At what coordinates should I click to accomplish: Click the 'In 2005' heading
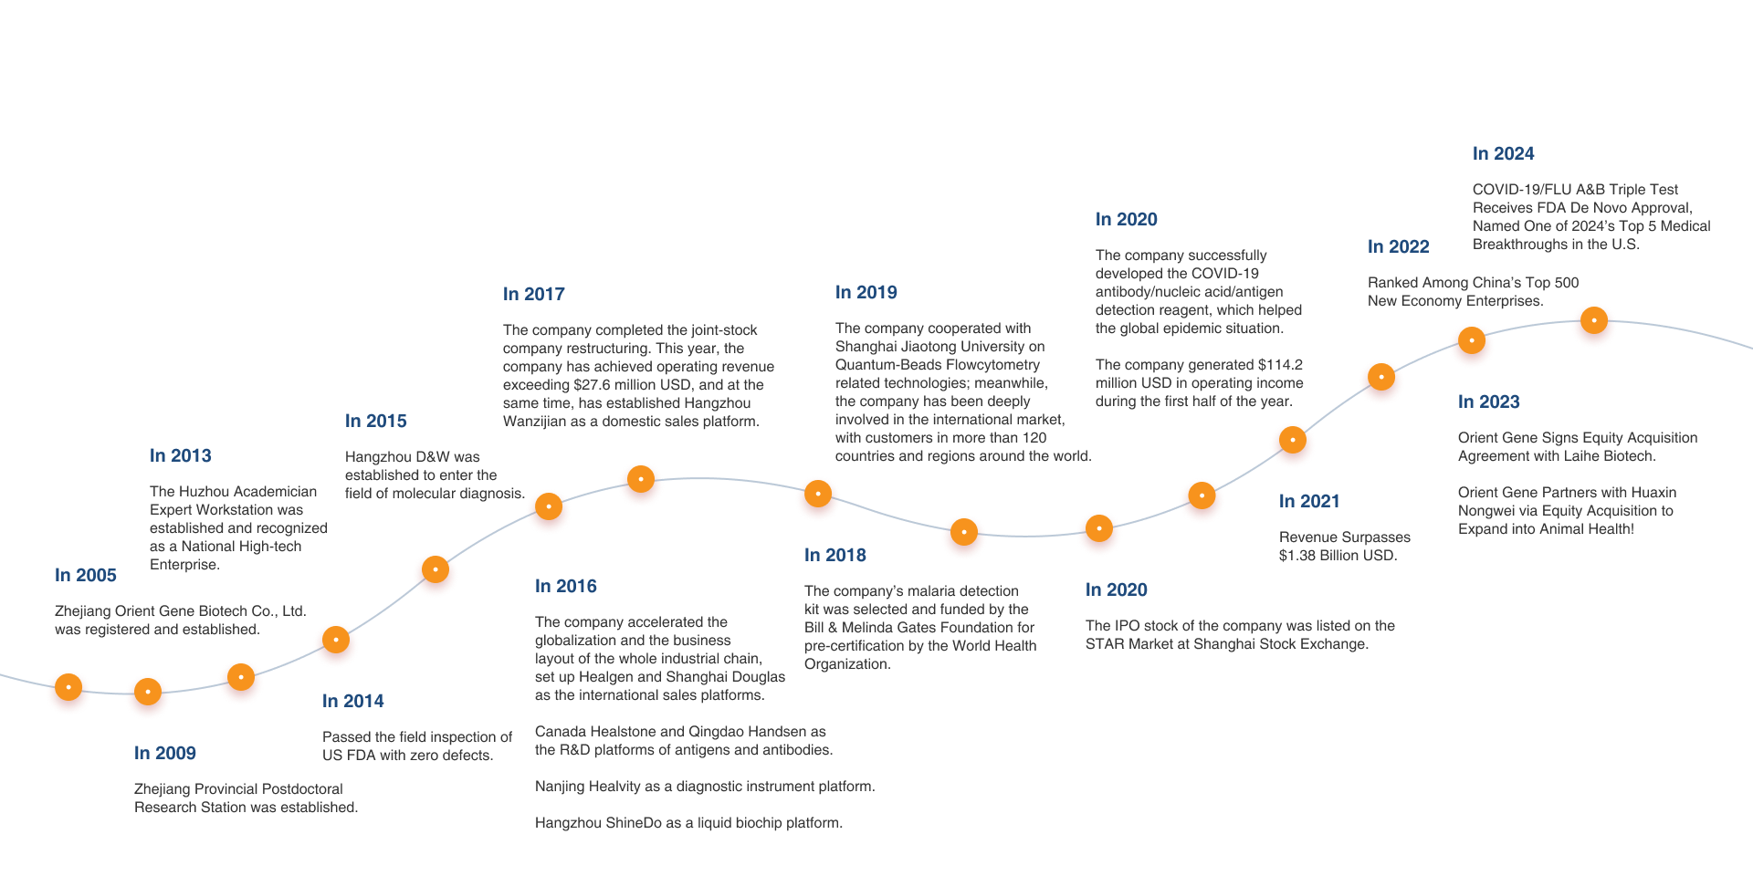click(86, 576)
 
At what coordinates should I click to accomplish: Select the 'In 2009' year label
click(165, 754)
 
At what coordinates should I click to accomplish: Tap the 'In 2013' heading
click(181, 456)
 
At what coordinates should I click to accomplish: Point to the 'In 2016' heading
click(566, 587)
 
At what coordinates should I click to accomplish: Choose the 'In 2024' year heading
click(1504, 154)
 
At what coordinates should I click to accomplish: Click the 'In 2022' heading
click(1399, 247)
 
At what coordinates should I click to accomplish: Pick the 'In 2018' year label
click(835, 556)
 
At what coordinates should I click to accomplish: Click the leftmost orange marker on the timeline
click(68, 688)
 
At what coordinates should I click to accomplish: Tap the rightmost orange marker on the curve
click(1594, 321)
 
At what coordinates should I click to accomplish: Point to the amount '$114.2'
click(1280, 365)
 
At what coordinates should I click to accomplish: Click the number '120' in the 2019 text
click(1034, 438)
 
